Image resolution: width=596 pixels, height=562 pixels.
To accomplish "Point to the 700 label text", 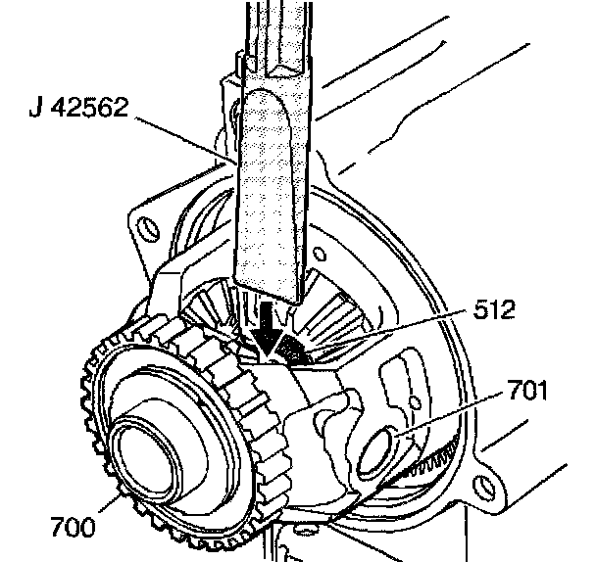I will tap(73, 528).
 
